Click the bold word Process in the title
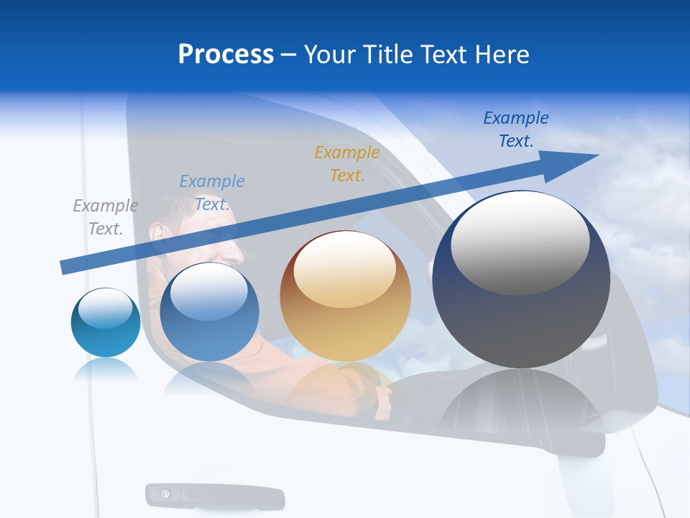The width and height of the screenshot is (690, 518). point(226,54)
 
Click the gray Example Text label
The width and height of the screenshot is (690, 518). point(105,217)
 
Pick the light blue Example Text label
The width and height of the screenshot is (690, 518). point(211,193)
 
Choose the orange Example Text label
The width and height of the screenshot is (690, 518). point(346,163)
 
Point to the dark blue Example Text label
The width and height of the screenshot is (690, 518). point(515,129)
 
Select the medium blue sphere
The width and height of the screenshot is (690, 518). point(209,313)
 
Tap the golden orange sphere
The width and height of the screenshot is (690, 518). point(346,296)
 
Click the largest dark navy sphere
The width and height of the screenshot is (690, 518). point(521,281)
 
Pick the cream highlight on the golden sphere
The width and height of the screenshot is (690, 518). point(344,269)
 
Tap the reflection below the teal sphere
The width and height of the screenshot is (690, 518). point(105,370)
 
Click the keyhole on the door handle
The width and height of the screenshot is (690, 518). point(165,494)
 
